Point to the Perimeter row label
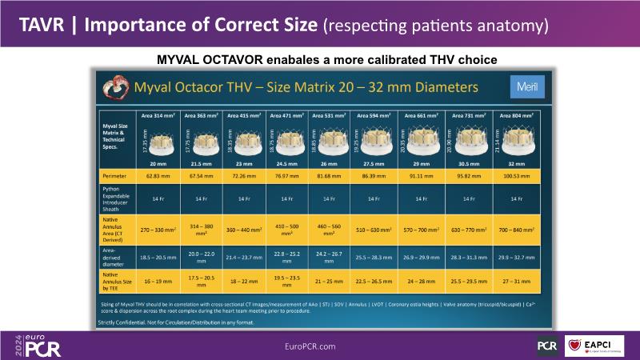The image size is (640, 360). point(114,174)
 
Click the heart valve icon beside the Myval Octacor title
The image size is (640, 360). point(114,86)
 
